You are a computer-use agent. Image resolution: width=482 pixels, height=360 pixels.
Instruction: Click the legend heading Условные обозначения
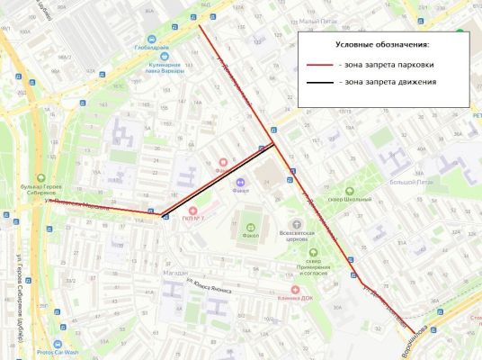point(382,44)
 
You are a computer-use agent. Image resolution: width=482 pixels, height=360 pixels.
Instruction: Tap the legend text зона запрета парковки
point(388,66)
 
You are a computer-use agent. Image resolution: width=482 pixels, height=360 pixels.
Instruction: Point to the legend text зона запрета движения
point(388,82)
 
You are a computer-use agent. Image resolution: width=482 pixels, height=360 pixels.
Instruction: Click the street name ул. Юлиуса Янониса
point(208,289)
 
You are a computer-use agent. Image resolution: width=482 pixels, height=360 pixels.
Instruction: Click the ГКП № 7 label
point(192,219)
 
